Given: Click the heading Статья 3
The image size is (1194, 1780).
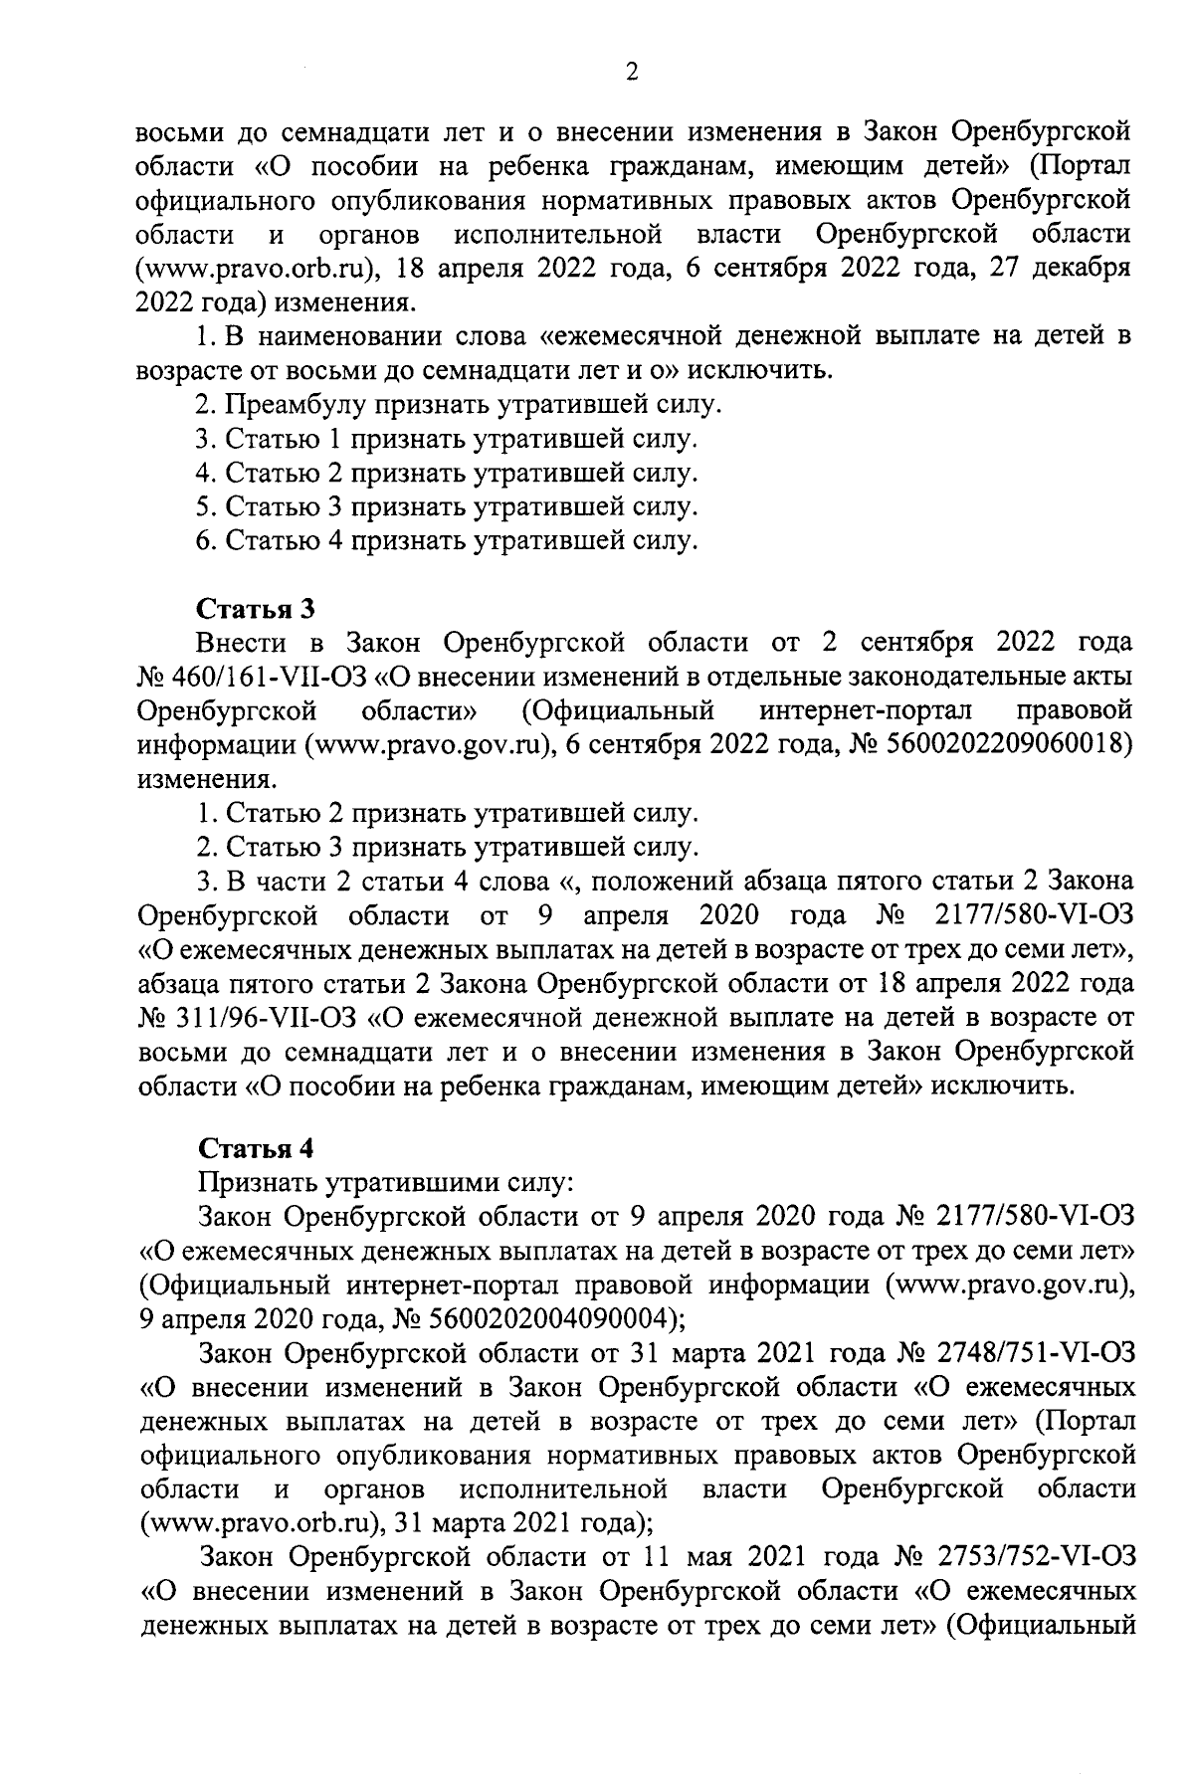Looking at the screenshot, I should [257, 607].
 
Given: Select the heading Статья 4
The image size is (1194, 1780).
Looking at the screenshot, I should [257, 1148].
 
